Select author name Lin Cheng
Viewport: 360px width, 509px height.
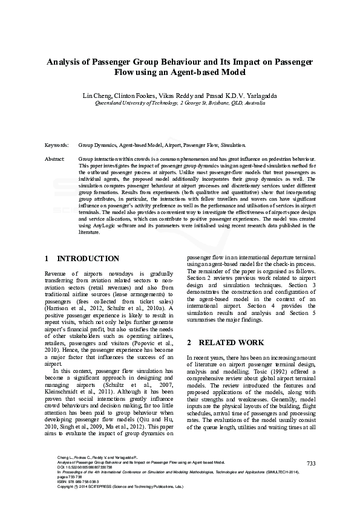pos(96,96)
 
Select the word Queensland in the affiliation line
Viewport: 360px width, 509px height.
pos(110,103)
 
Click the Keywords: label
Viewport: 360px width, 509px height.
pos(57,146)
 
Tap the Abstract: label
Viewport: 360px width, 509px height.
pos(55,158)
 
